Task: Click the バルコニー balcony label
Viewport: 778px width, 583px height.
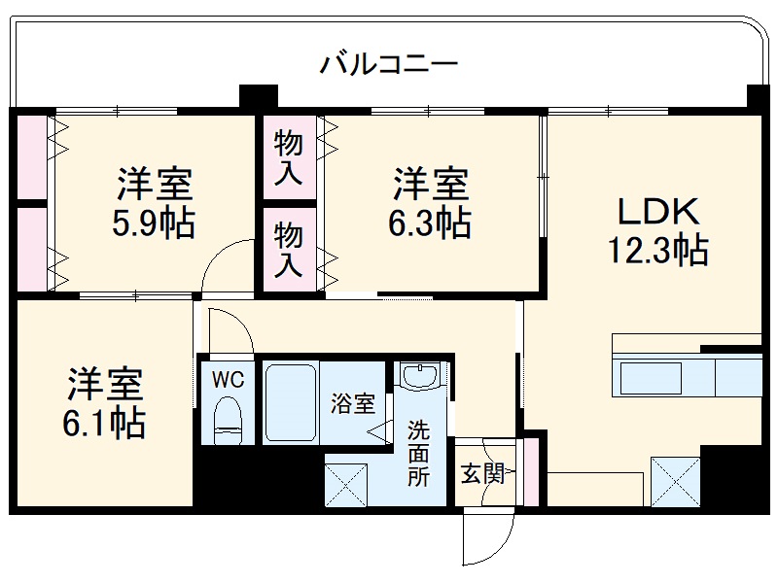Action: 389,66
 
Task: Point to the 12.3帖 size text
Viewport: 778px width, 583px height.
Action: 657,252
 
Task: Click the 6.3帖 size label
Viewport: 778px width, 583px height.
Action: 430,224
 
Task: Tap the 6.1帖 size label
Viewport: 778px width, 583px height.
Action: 105,424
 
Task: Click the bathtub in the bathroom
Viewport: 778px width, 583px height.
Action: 292,403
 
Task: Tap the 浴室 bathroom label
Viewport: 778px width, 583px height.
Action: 352,403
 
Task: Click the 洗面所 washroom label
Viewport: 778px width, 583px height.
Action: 418,452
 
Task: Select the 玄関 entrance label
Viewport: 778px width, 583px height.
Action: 481,475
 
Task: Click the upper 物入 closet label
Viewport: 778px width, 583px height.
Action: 289,158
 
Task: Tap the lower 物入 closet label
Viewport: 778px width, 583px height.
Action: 289,250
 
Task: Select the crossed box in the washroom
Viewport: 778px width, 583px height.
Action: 347,482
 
